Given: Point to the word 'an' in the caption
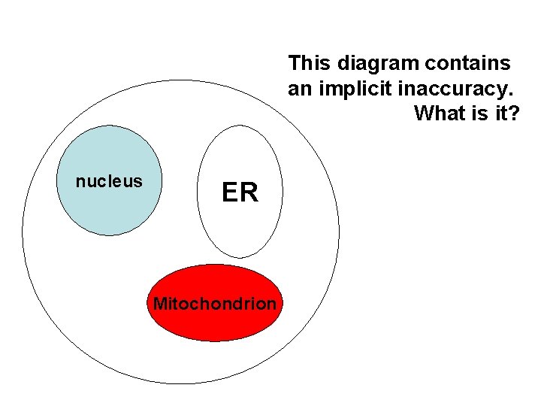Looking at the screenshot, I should pos(299,88).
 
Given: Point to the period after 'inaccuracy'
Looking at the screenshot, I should pos(511,95).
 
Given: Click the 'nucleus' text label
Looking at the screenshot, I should pos(109,181).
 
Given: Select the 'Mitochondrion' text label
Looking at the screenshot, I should pos(215,304).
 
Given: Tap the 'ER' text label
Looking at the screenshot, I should pos(240,193).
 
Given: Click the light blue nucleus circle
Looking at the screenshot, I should pos(110,211).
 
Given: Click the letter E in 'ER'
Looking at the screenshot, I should pos(230,193).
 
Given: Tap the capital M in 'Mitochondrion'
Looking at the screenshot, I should pos(159,304).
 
